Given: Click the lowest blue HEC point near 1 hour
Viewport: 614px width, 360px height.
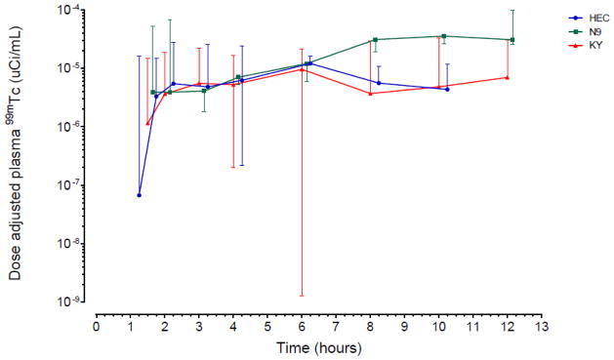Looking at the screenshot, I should (140, 195).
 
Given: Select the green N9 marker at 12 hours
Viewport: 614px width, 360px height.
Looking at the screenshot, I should (512, 40).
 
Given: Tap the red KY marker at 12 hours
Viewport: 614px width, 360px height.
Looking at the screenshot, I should (508, 77).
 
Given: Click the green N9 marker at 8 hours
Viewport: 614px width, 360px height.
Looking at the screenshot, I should (375, 40).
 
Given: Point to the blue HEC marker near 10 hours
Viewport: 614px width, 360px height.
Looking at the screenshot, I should (447, 89).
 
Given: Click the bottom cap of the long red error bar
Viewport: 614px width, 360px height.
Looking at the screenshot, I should (302, 295).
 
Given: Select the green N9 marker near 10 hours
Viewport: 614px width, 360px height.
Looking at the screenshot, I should (444, 36).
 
